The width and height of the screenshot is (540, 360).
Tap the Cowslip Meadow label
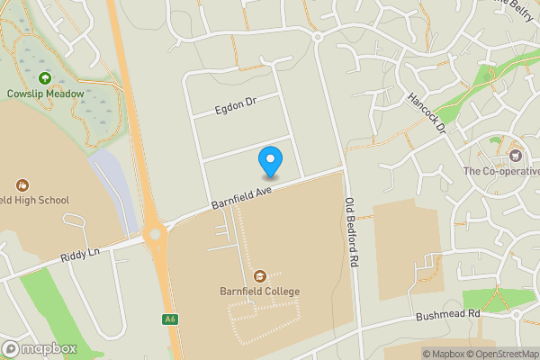pyautogui.click(x=45, y=94)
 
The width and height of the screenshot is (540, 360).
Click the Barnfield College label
pyautogui.click(x=259, y=292)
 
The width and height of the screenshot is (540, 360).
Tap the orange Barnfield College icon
pyautogui.click(x=260, y=275)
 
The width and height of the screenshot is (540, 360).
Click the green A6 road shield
pyautogui.click(x=169, y=319)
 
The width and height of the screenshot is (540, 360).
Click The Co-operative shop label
pyautogui.click(x=501, y=171)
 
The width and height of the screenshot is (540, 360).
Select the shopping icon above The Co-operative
pyautogui.click(x=517, y=146)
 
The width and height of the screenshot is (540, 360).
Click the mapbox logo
pyautogui.click(x=40, y=348)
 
